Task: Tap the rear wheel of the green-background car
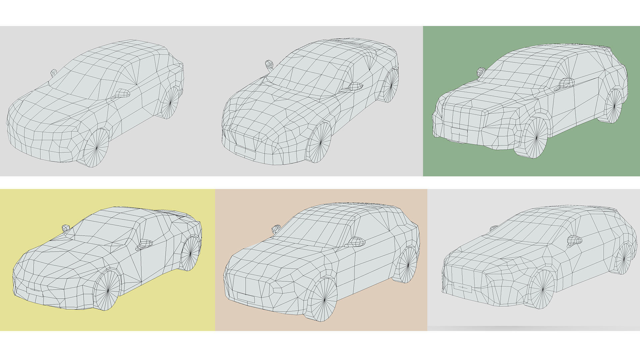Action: [614, 106]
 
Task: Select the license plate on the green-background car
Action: [459, 132]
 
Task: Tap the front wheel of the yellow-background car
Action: [108, 290]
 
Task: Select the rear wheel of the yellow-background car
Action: [190, 253]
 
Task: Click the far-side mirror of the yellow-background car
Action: [66, 228]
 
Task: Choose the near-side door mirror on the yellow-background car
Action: [145, 244]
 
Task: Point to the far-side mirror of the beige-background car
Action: [276, 229]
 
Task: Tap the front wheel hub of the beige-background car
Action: [324, 300]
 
